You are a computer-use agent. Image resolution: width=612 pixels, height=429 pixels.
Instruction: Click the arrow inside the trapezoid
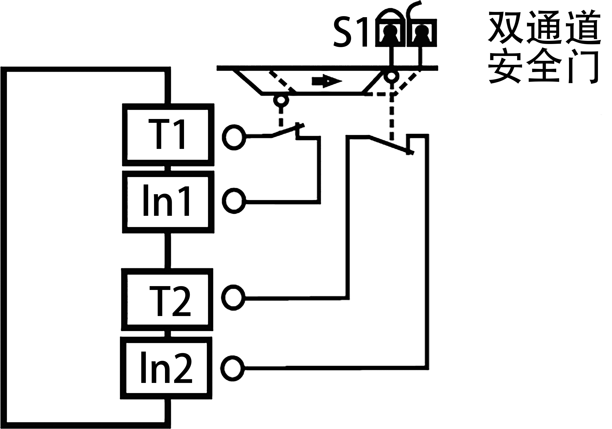point(326,81)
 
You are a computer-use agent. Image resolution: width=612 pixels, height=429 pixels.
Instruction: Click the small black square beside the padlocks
point(350,32)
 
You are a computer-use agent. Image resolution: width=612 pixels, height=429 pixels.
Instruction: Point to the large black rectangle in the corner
point(544,47)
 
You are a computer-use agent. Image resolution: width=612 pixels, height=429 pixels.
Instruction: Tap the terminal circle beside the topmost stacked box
point(234,137)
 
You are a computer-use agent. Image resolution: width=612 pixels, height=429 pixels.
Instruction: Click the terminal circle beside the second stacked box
point(234,201)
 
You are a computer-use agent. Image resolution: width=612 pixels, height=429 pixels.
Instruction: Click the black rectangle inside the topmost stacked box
point(166,134)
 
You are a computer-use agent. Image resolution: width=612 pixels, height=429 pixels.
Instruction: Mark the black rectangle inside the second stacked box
point(166,200)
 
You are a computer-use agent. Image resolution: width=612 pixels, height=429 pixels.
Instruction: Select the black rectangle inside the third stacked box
point(170,301)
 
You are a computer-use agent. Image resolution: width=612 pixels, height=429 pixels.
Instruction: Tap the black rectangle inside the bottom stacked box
point(167,367)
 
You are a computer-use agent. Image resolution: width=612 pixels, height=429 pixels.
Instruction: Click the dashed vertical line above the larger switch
point(391,117)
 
